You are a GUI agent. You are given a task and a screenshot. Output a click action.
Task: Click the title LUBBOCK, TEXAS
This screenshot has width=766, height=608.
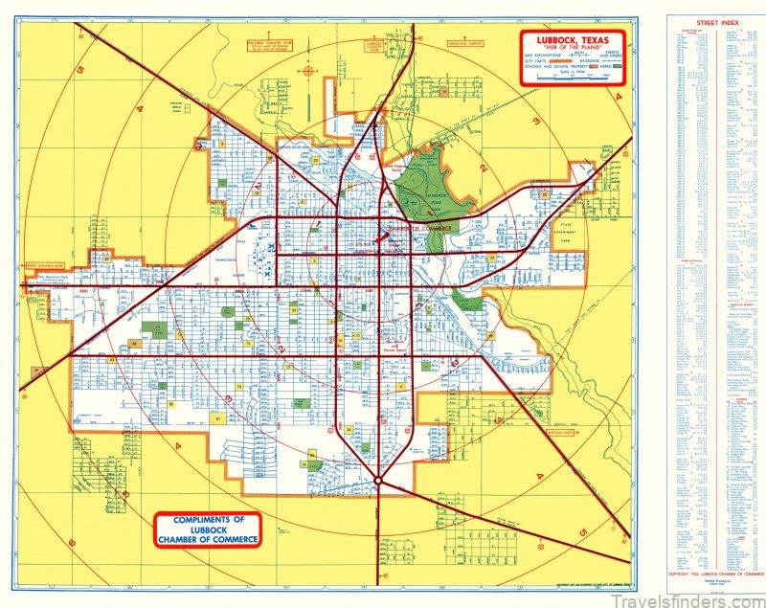pyautogui.click(x=572, y=41)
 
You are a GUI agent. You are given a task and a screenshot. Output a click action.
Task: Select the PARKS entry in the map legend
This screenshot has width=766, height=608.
pyautogui.click(x=605, y=67)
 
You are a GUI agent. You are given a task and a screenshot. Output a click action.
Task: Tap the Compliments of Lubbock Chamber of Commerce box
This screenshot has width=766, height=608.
pyautogui.click(x=206, y=529)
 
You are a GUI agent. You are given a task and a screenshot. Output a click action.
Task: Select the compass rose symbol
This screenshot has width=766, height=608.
pyautogui.click(x=309, y=70)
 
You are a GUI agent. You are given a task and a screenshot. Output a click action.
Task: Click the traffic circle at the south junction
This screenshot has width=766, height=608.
pyautogui.click(x=379, y=480)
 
